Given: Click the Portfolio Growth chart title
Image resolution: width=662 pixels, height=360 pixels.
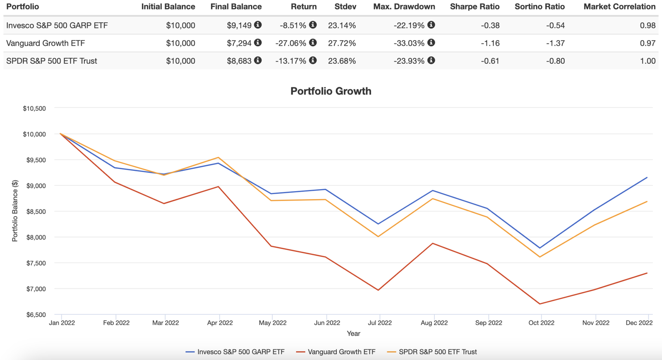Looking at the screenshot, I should click(x=331, y=91).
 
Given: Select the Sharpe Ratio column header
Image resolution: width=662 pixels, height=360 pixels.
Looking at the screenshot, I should click(x=475, y=7).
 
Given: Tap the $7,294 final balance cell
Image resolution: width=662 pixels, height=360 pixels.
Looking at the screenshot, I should click(x=239, y=43).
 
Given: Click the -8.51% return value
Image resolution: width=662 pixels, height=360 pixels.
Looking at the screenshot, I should click(x=293, y=25).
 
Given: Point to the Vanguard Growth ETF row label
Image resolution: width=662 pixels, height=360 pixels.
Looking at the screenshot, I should click(x=46, y=43).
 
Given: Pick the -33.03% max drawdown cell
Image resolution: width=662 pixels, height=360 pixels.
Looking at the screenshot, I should click(x=409, y=43).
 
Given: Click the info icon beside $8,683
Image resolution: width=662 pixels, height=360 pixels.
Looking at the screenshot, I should click(x=258, y=60).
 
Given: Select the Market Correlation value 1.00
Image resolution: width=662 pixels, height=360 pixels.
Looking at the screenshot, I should click(x=648, y=61).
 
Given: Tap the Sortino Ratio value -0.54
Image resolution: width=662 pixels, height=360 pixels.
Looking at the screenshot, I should click(x=555, y=25).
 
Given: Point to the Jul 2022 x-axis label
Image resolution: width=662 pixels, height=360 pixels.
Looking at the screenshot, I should click(x=379, y=323).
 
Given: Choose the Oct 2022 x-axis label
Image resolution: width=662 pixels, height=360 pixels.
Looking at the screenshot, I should click(x=541, y=323).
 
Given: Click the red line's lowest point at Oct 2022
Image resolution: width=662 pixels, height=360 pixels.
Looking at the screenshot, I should click(x=540, y=304).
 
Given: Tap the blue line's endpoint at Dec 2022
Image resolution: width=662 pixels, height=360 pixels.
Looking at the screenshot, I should click(x=647, y=178).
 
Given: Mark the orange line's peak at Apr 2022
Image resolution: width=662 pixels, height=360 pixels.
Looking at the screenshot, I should click(x=218, y=157).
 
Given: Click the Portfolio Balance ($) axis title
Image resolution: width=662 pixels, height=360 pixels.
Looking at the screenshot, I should click(x=15, y=211).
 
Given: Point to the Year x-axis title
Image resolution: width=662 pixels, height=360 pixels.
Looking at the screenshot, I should click(x=353, y=334).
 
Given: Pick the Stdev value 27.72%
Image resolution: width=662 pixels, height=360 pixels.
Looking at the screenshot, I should click(x=342, y=43).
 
